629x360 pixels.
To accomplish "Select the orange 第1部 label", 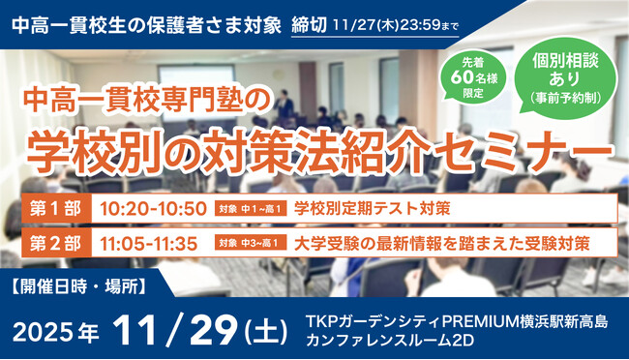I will pyautogui.click(x=57, y=208).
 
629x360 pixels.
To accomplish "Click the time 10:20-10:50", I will pyautogui.click(x=153, y=208).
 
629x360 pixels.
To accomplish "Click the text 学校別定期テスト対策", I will pyautogui.click(x=373, y=208).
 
